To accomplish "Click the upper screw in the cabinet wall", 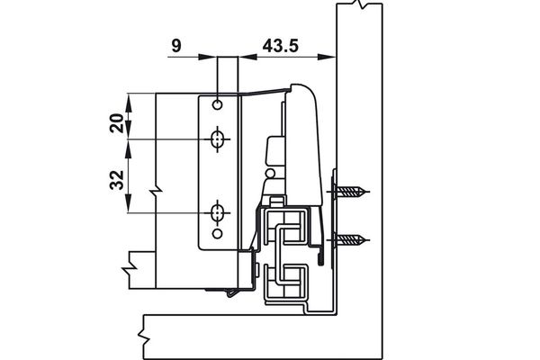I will click(x=352, y=191).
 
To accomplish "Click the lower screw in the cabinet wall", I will click(x=352, y=240).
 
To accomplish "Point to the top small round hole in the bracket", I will click(x=217, y=105).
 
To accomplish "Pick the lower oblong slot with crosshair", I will click(x=217, y=213).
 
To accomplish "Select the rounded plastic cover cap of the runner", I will click(x=303, y=135).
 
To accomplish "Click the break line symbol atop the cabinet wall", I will click(x=363, y=5).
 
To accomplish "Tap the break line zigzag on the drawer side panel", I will click(x=157, y=191).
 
